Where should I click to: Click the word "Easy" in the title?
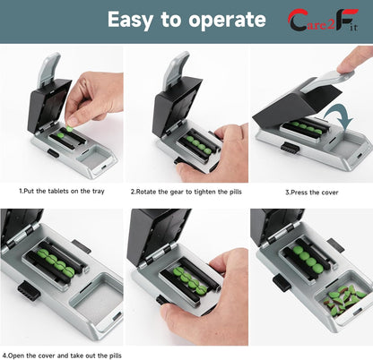(x=135, y=20)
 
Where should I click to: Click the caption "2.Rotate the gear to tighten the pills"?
(x=186, y=191)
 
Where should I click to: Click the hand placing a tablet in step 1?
(x=91, y=98)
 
